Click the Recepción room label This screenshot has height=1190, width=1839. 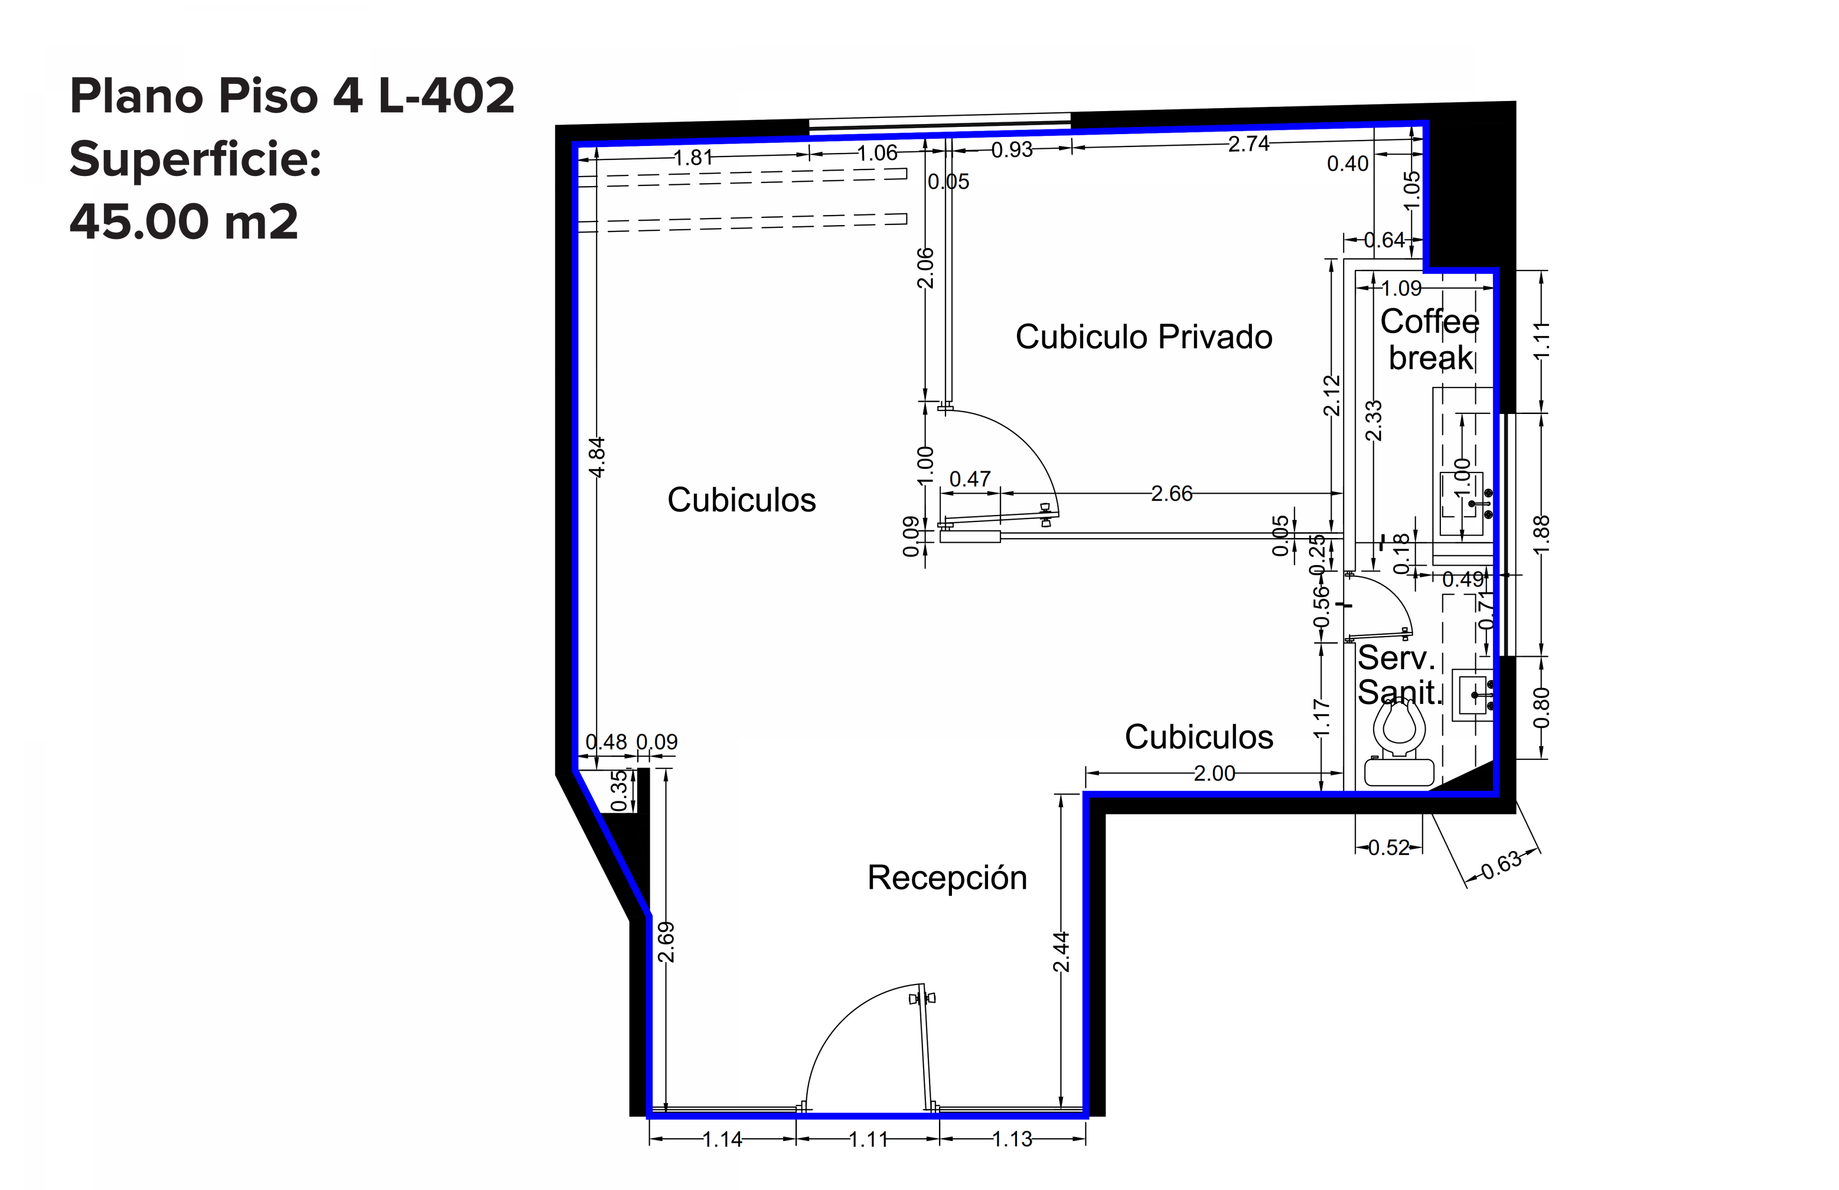pyautogui.click(x=947, y=878)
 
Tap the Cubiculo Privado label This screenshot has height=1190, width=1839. pyautogui.click(x=1144, y=337)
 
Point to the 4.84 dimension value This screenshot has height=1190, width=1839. pyautogui.click(x=597, y=457)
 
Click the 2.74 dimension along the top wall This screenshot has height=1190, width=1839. pyautogui.click(x=1249, y=144)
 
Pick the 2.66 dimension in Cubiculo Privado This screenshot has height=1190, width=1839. pyautogui.click(x=1171, y=493)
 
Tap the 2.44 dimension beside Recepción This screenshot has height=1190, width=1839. pyautogui.click(x=1061, y=952)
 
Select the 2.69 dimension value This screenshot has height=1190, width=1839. pyautogui.click(x=665, y=942)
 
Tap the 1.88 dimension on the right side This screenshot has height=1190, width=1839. pyautogui.click(x=1541, y=535)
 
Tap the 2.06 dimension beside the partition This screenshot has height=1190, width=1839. pyautogui.click(x=925, y=268)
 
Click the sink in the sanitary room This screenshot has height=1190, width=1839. pyautogui.click(x=1474, y=695)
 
